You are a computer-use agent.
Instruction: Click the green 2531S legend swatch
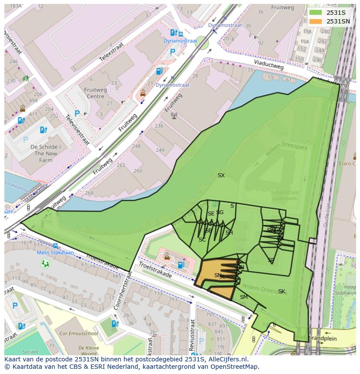[x=316, y=13]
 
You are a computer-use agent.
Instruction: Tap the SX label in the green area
[x=221, y=175]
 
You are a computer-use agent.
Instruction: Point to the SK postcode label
[x=282, y=291]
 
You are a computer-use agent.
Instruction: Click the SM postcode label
[x=244, y=297]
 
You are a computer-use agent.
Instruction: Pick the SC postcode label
[x=202, y=240]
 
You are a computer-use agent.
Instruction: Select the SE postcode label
[x=211, y=214]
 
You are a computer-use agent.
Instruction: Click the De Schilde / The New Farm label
[x=46, y=153]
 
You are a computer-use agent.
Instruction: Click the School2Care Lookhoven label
[x=283, y=195]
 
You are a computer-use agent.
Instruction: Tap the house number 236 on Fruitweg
[x=159, y=126]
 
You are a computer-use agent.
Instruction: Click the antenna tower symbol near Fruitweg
[x=174, y=116]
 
